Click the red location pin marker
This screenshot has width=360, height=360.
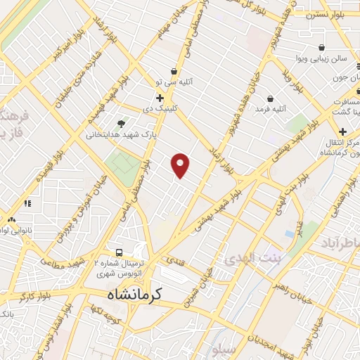point(181,165)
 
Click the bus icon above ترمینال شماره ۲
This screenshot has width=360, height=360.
point(120,252)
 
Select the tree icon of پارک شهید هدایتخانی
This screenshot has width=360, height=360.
point(124,124)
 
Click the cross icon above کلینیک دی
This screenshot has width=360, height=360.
point(160,98)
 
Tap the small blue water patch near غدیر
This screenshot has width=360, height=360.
point(290,233)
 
